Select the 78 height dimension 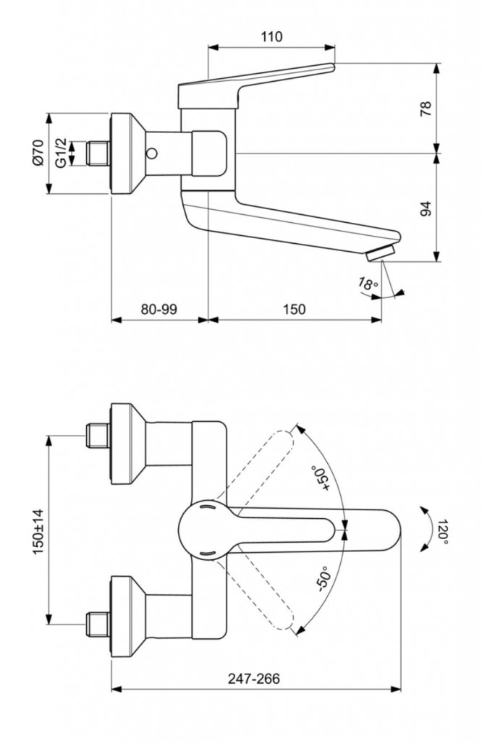[x=426, y=109]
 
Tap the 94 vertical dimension [x=426, y=208]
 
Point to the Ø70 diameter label [x=40, y=153]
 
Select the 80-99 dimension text [x=159, y=309]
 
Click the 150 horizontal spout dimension [x=293, y=309]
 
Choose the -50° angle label [x=321, y=580]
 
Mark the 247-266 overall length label [x=255, y=678]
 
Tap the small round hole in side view [x=153, y=153]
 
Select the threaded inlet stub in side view [x=96, y=153]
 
